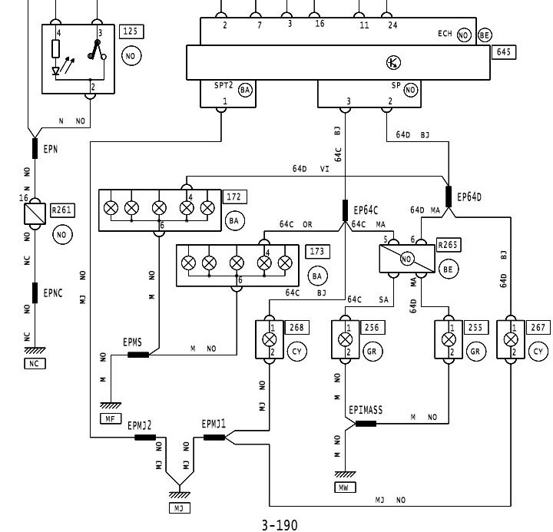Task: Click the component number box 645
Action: [x=505, y=52]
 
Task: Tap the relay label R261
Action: [x=62, y=209]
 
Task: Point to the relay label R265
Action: [x=447, y=245]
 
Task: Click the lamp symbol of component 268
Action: [x=270, y=339]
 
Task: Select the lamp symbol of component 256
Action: [x=346, y=339]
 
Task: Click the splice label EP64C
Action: [x=368, y=209]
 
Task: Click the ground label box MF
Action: [x=109, y=418]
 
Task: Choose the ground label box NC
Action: [x=33, y=364]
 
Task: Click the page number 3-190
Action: [x=279, y=525]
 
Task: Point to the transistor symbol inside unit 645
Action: [x=392, y=63]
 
